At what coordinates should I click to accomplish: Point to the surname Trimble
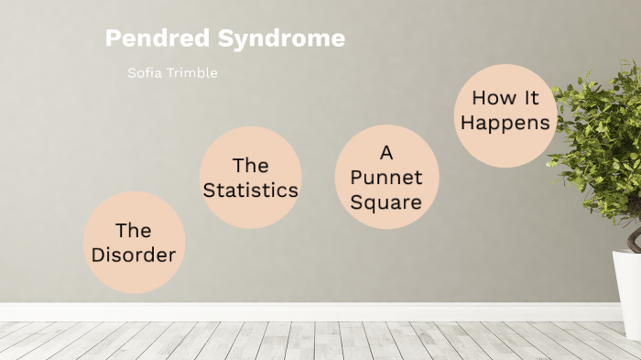(x=192, y=73)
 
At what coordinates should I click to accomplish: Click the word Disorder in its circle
(x=134, y=255)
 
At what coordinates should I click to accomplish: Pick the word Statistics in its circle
(x=251, y=191)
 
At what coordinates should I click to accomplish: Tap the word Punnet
(x=388, y=177)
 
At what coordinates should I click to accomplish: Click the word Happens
(x=505, y=122)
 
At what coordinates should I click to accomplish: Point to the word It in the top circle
(x=530, y=97)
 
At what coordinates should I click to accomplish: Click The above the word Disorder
(x=134, y=230)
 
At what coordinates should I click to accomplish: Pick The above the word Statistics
(x=250, y=166)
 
